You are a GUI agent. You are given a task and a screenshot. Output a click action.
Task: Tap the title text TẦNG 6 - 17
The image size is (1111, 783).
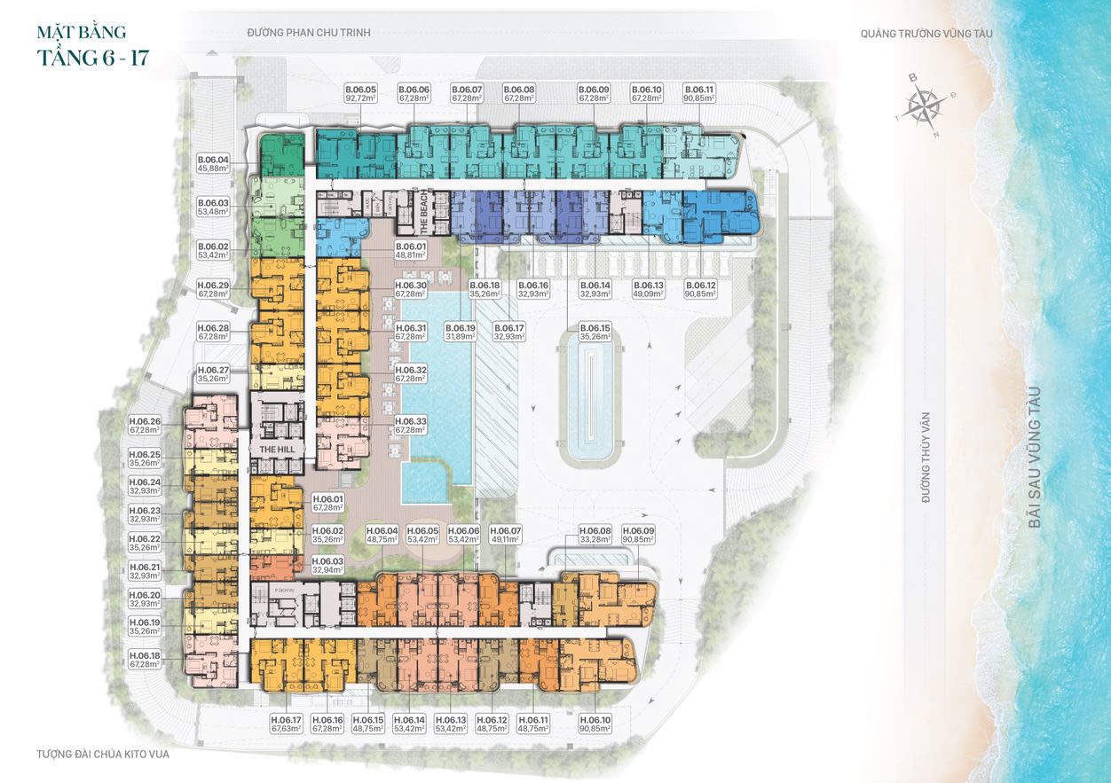pos(92,59)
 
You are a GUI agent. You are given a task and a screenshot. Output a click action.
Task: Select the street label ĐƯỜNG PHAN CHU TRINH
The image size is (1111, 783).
pos(309,33)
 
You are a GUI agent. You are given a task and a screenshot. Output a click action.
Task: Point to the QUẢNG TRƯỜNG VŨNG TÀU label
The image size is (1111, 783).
pos(926,34)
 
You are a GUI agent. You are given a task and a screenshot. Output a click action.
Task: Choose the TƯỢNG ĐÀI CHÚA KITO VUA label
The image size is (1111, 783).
pos(103,755)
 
